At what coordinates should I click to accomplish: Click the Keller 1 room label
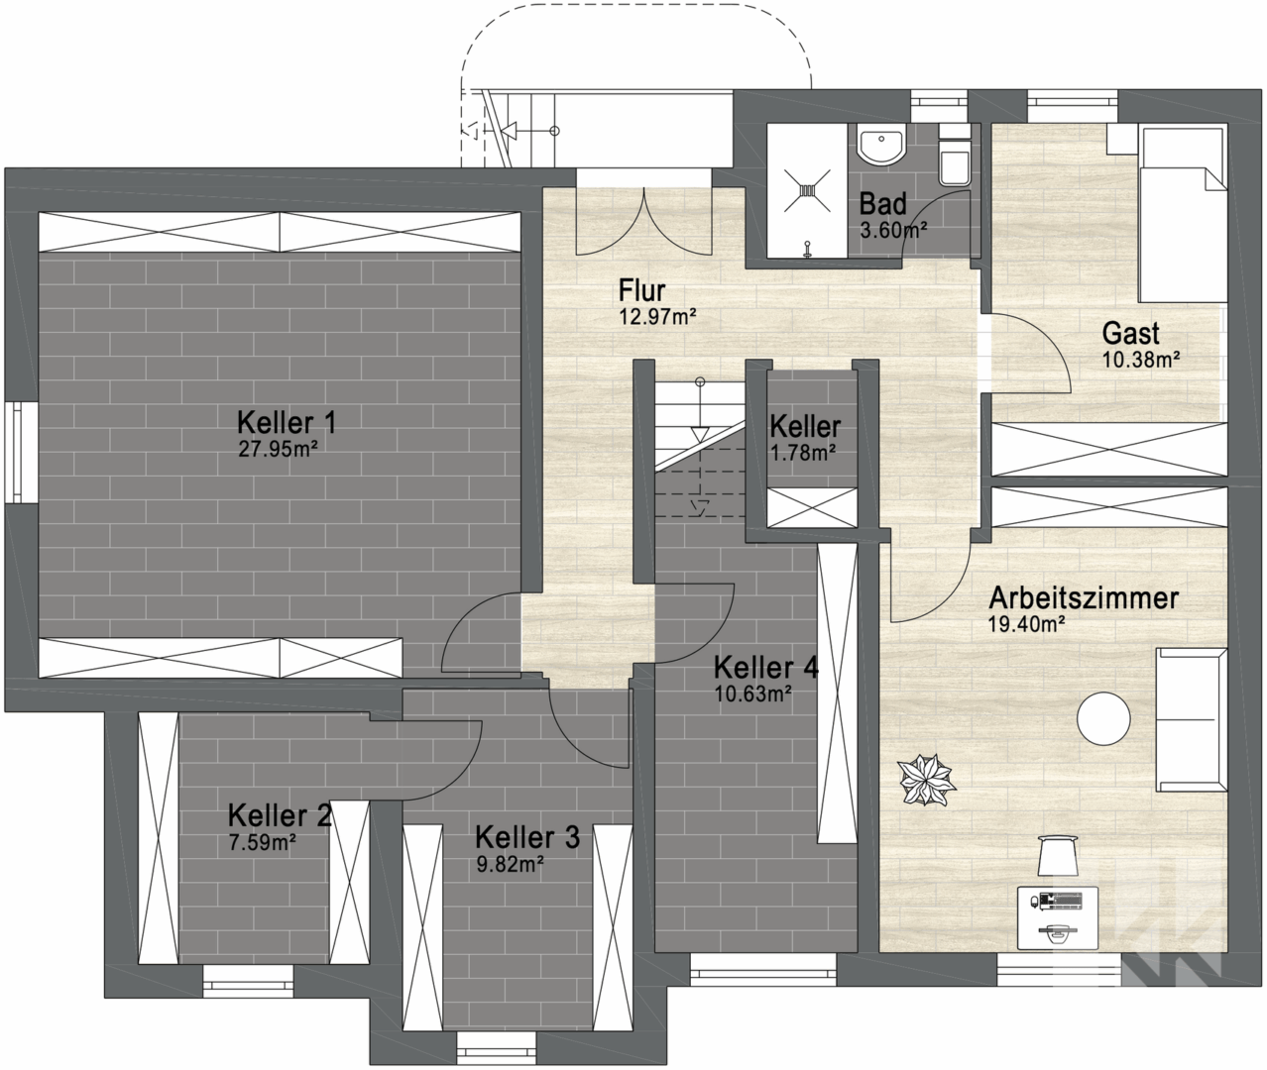click(x=287, y=423)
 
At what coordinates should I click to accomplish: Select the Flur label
click(x=641, y=291)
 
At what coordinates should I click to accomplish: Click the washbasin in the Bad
click(x=879, y=147)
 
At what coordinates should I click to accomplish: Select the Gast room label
click(x=1130, y=334)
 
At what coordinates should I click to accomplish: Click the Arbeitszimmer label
click(x=1083, y=598)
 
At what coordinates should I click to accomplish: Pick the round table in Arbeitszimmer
click(x=1104, y=718)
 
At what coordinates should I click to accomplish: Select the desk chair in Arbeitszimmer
click(x=1059, y=854)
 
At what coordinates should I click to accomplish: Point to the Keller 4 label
click(x=765, y=668)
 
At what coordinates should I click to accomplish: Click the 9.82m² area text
click(x=510, y=864)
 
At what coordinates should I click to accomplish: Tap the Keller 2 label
click(x=280, y=816)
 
